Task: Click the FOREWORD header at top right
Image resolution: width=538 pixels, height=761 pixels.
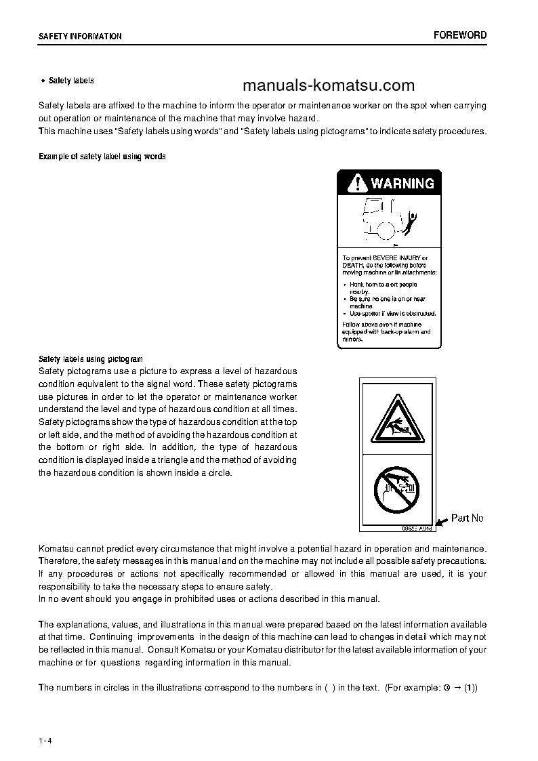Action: coord(460,35)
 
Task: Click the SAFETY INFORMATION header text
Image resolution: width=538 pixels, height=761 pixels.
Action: coord(80,37)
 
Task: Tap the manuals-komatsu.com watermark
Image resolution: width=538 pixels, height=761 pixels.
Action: coord(328,85)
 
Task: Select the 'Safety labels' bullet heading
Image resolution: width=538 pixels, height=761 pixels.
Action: coord(70,81)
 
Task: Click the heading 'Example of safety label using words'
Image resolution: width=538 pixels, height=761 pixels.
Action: coord(102,157)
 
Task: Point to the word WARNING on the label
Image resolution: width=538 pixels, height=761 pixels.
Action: coord(402,183)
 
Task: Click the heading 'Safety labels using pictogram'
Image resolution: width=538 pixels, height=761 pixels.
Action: coord(90,358)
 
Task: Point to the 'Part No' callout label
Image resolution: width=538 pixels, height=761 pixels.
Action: coord(468,518)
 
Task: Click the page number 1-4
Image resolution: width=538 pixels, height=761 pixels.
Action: coord(45,739)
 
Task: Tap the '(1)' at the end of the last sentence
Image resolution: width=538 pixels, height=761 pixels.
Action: coord(470,687)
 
